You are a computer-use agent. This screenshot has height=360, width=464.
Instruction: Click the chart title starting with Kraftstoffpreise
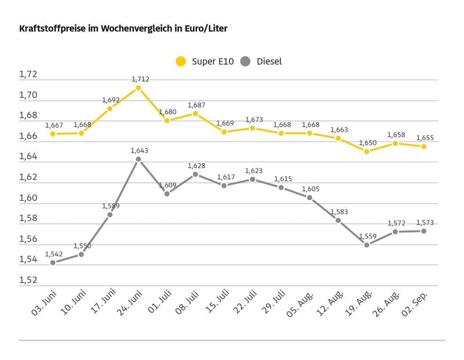[x=123, y=29]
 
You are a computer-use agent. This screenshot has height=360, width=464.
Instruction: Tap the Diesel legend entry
[x=261, y=61]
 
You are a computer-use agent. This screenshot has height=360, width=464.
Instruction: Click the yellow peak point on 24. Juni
[x=138, y=88]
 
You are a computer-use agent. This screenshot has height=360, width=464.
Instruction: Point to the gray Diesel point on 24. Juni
[x=138, y=159]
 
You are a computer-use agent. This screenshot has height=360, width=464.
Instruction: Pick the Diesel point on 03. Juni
[x=53, y=262]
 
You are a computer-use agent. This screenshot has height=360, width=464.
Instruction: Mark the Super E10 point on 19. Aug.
[x=366, y=151]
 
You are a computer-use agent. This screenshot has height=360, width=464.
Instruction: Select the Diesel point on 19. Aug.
[x=366, y=245]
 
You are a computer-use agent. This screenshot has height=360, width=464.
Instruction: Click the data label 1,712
[x=140, y=79]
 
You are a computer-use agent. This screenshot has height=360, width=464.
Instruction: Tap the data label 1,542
[x=54, y=254]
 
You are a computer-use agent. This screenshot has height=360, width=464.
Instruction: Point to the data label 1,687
[x=196, y=105]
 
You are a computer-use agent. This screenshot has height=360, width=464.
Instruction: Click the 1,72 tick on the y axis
[x=28, y=75]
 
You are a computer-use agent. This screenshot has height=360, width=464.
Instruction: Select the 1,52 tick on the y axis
[x=28, y=280]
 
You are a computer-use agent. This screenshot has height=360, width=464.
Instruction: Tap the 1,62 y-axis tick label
[x=28, y=177]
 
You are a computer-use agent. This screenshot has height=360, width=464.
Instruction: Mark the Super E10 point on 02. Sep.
[x=423, y=146]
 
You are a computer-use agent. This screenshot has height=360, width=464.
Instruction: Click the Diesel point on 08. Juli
[x=196, y=174]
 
